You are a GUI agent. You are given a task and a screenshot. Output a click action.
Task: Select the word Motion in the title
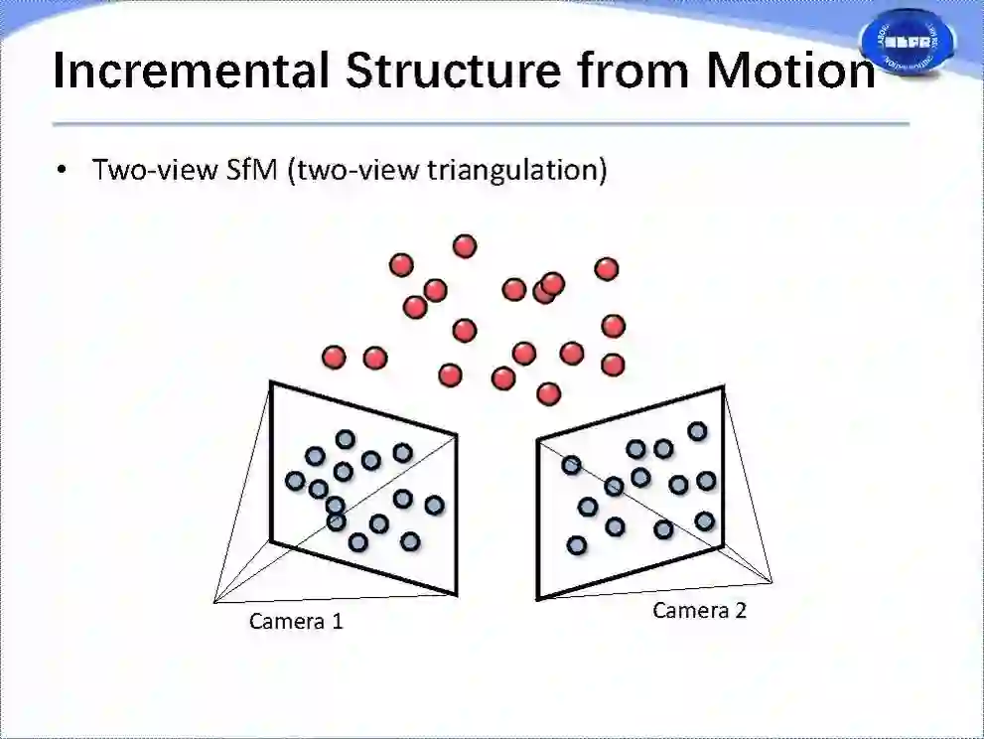tap(791, 71)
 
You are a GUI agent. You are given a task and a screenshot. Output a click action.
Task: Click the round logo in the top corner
tap(906, 42)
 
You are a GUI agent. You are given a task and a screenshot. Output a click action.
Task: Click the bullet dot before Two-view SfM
tap(63, 170)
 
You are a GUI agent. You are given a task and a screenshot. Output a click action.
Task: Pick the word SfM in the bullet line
tap(246, 170)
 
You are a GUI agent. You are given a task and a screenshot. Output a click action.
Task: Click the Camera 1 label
tap(296, 622)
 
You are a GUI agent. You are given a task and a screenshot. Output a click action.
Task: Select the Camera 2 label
tap(699, 610)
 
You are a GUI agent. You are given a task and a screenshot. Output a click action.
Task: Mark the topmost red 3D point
tap(464, 245)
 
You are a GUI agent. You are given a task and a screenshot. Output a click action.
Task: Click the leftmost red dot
tap(335, 357)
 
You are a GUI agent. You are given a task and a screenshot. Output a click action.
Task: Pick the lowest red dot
tap(548, 393)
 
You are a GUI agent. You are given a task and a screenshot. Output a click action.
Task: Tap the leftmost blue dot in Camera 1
tap(295, 481)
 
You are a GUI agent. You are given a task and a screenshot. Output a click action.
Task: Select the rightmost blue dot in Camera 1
tap(434, 505)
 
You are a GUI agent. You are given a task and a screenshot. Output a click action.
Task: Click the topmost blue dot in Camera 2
tap(697, 431)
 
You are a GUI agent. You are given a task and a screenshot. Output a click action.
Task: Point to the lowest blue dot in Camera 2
tap(577, 544)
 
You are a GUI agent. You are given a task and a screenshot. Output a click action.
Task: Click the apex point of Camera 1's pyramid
tap(214, 600)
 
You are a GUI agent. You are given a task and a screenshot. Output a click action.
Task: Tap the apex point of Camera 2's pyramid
tap(772, 581)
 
